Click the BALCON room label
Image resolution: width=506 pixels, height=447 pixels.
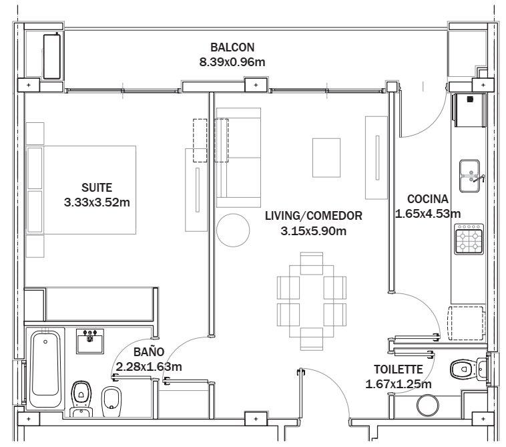point(232,47)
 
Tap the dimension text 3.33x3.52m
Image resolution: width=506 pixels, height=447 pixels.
point(97,202)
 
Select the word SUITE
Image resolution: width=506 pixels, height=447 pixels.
point(97,188)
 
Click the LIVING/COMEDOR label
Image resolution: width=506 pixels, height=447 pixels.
point(313,216)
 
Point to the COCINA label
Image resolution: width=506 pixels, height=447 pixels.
point(428,199)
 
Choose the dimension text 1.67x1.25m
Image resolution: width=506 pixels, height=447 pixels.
point(399,384)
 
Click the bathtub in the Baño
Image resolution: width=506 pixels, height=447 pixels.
point(45,369)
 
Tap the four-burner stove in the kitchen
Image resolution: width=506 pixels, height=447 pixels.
point(469,239)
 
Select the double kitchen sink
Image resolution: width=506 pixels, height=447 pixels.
point(470,176)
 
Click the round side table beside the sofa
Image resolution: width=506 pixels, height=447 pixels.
point(233,231)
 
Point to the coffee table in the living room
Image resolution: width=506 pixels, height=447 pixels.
point(326,158)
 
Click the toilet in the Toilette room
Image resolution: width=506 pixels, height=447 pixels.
point(467,369)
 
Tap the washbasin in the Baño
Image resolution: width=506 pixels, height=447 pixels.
point(90,341)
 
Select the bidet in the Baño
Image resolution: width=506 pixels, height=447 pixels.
point(111,402)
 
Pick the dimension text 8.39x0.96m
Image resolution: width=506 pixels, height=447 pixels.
point(232,62)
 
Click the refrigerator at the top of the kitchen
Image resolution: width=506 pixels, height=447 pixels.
point(469,110)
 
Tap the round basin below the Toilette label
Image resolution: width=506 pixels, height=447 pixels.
point(428,405)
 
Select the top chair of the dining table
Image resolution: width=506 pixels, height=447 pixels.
point(311,263)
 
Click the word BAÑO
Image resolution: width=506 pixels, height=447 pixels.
point(149,351)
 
